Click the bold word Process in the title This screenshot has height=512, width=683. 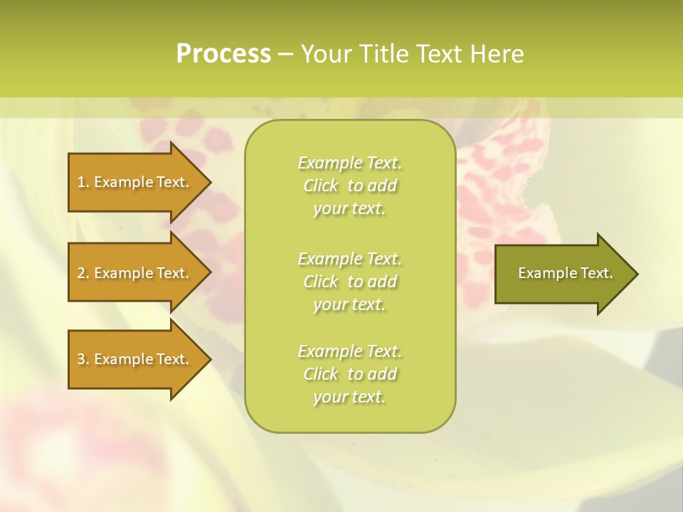click(223, 54)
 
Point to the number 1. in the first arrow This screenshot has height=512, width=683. click(83, 182)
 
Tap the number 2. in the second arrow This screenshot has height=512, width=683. click(83, 273)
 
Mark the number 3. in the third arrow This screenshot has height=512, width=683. click(83, 359)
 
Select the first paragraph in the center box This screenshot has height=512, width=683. click(349, 186)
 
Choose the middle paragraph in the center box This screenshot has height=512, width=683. click(349, 282)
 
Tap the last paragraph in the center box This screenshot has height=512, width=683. click(349, 374)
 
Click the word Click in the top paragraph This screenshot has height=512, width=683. click(321, 186)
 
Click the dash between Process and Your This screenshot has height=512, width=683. click(285, 54)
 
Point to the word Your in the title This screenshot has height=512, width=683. click(328, 54)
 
